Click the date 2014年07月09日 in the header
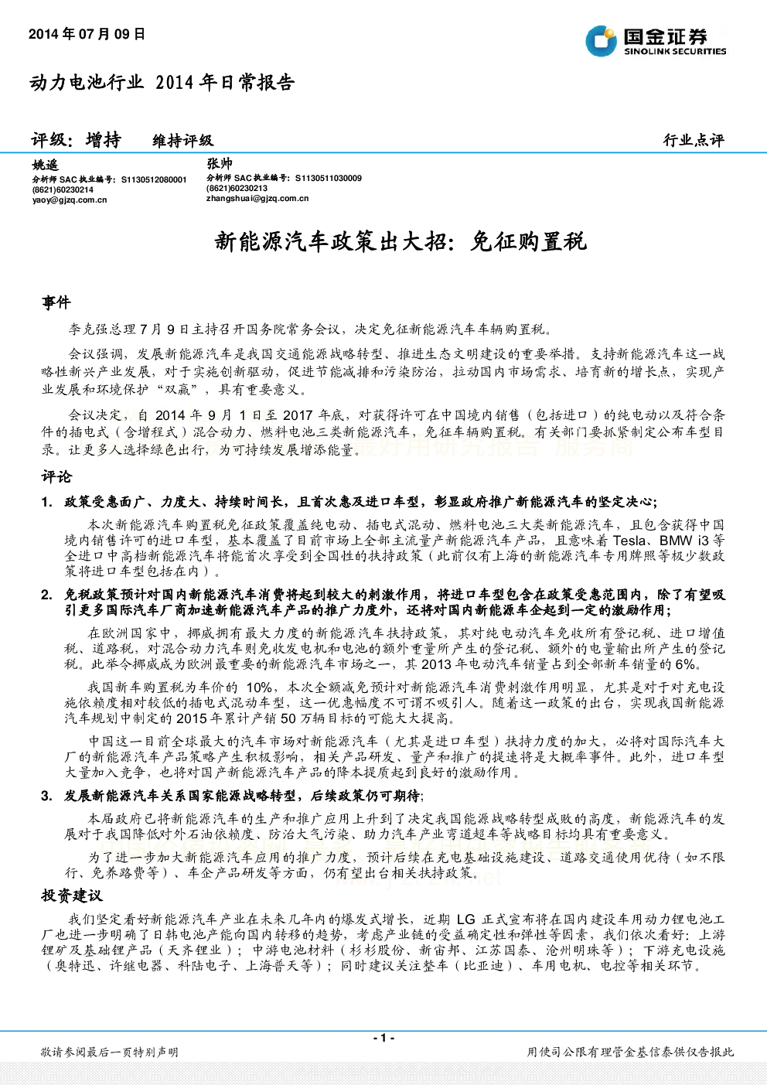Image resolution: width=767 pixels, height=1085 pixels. [87, 34]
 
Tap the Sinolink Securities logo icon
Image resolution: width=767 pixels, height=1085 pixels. [601, 41]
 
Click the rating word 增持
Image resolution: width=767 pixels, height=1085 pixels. [103, 140]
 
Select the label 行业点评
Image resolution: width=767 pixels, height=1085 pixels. [694, 141]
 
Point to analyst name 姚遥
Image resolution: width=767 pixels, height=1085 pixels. [46, 165]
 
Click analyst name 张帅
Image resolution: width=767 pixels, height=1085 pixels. [220, 164]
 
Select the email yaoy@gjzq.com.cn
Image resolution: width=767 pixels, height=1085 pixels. [70, 200]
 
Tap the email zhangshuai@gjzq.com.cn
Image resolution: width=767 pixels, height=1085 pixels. [257, 198]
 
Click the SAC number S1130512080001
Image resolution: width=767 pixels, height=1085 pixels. [154, 179]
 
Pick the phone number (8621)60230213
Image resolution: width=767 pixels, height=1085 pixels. [237, 189]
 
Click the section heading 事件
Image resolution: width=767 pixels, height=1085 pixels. [56, 302]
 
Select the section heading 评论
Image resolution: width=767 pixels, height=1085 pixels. [56, 476]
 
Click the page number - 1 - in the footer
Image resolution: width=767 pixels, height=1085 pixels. [383, 1038]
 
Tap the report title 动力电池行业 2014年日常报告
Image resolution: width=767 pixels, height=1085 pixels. [162, 83]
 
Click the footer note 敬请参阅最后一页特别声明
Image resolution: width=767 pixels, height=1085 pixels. [110, 1052]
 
